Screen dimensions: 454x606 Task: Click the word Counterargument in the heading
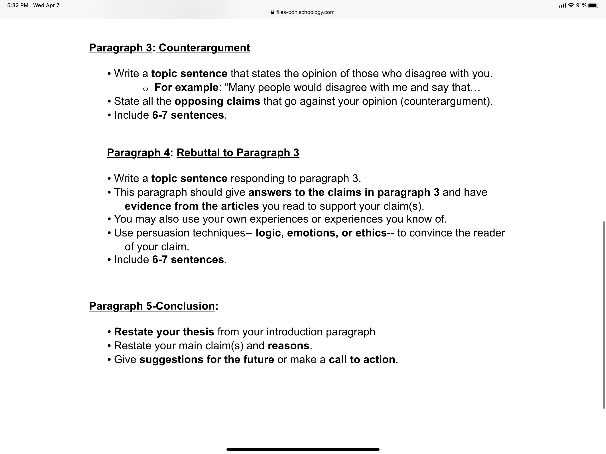point(204,48)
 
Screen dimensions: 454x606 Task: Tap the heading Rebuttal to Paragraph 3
point(238,153)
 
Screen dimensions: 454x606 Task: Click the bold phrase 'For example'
point(186,88)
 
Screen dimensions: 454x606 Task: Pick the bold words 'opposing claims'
point(217,101)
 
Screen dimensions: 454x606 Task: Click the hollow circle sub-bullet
point(146,88)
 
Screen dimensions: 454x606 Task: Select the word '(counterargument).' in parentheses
point(446,101)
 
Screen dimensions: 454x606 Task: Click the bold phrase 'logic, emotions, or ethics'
point(321,233)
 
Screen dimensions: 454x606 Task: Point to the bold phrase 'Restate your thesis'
point(164,332)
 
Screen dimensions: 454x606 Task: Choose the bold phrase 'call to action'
point(362,360)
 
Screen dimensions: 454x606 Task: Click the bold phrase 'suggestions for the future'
point(207,360)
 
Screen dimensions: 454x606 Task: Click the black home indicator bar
point(303,449)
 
